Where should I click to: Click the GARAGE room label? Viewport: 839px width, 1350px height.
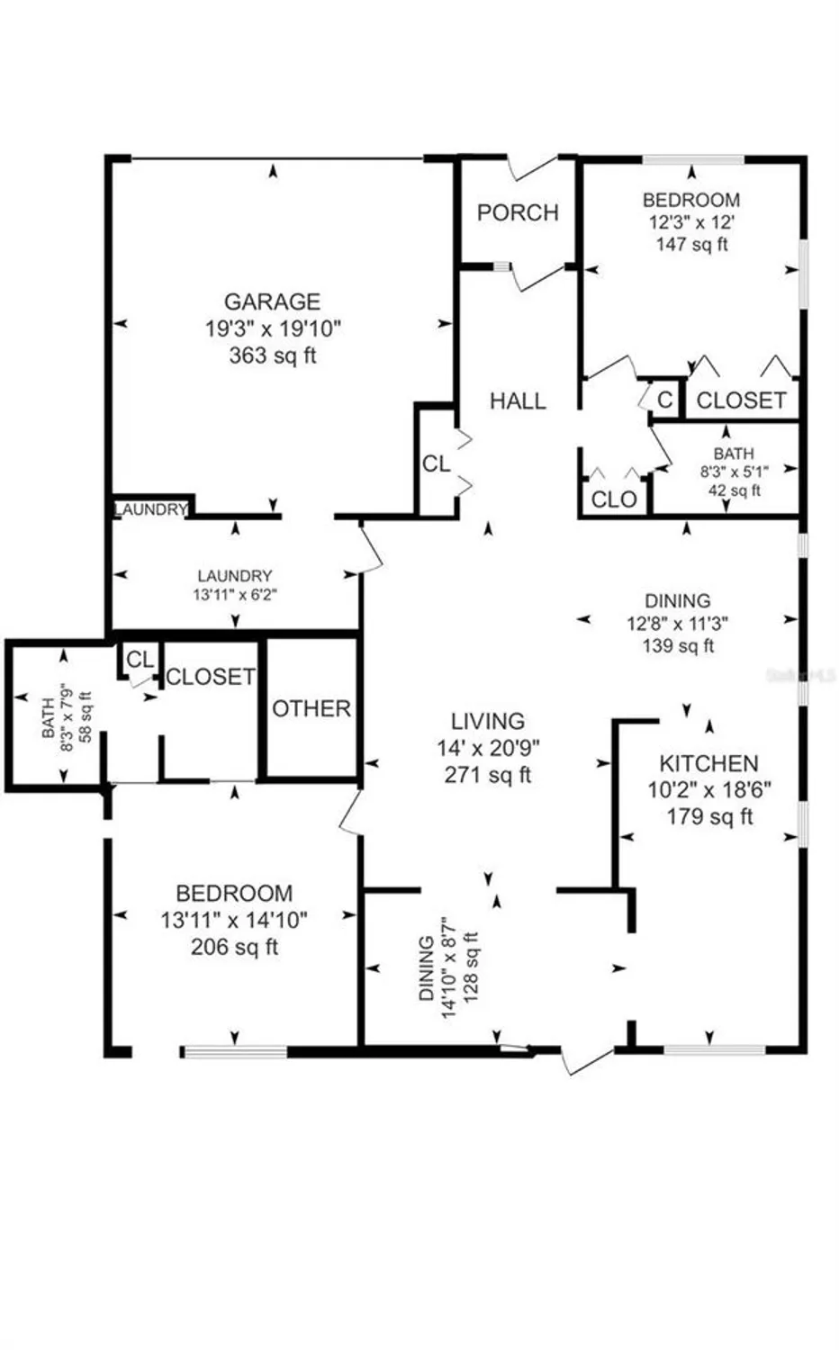pyautogui.click(x=272, y=301)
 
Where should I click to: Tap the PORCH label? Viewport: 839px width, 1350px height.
pyautogui.click(x=518, y=213)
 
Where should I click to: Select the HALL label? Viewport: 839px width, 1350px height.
pyautogui.click(x=518, y=401)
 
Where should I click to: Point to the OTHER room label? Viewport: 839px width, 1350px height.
pyautogui.click(x=311, y=709)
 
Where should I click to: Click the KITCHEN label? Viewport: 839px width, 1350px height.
pyautogui.click(x=708, y=764)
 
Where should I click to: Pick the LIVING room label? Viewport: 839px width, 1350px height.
pyautogui.click(x=488, y=722)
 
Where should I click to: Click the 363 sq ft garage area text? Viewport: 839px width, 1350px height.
pyautogui.click(x=272, y=355)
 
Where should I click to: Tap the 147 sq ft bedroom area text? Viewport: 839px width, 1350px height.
pyautogui.click(x=691, y=244)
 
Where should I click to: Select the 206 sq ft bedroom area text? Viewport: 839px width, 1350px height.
pyautogui.click(x=234, y=947)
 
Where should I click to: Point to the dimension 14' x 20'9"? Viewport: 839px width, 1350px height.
pyautogui.click(x=488, y=747)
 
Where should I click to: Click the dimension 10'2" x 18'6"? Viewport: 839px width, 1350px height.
pyautogui.click(x=709, y=790)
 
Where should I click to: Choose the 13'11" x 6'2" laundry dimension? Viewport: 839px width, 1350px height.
pyautogui.click(x=235, y=594)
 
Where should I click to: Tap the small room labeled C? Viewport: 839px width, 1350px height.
pyautogui.click(x=665, y=400)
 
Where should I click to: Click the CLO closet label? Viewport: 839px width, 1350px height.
pyautogui.click(x=614, y=499)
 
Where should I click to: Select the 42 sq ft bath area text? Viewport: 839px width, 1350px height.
pyautogui.click(x=734, y=490)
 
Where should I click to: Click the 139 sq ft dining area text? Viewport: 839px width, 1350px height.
pyautogui.click(x=678, y=645)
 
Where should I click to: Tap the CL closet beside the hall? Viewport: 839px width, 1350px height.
pyautogui.click(x=437, y=464)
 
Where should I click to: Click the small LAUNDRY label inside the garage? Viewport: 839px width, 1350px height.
pyautogui.click(x=150, y=509)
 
